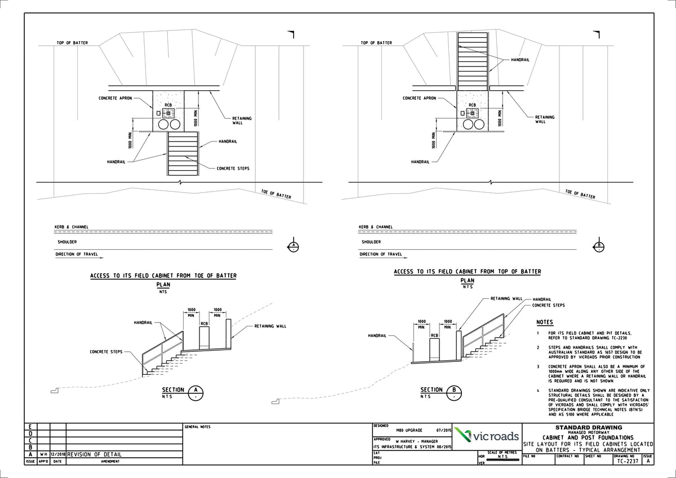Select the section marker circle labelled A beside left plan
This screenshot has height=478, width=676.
coord(293,246)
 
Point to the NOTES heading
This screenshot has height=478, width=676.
coord(544,322)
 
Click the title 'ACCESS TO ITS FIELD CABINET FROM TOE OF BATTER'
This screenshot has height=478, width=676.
coord(163,276)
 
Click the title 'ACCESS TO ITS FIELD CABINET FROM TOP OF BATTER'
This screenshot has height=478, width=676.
coord(468,272)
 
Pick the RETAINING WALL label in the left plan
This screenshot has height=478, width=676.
coord(242,121)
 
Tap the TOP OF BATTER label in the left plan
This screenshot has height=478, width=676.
coord(72,43)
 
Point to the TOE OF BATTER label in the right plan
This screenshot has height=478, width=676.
coord(580,194)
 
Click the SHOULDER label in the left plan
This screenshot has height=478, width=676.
coord(69,242)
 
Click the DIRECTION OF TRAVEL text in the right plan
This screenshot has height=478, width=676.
coord(380,254)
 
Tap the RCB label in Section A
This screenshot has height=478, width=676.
coord(204,324)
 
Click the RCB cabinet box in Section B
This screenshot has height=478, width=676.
coord(434,350)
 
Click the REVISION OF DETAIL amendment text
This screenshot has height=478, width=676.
coord(94,454)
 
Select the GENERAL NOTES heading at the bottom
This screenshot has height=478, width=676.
coord(197,427)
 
